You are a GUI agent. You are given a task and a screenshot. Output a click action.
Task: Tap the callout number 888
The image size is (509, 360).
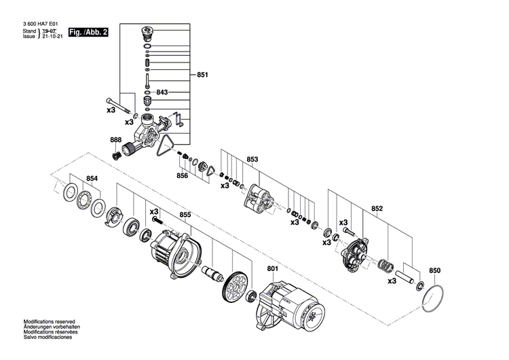pos(116,141)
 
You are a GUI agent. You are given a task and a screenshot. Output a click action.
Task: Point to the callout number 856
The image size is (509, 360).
pos(182,175)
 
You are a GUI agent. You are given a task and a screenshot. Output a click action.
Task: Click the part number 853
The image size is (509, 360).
pos(252,160)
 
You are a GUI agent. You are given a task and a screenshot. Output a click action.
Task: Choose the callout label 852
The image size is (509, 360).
pos(378,209)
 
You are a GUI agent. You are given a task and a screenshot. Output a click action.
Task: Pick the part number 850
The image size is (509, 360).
pos(435,270)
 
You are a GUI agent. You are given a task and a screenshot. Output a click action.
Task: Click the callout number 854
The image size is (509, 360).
pos(92,179)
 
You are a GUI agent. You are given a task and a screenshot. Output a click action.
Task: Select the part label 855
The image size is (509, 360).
pos(185,215)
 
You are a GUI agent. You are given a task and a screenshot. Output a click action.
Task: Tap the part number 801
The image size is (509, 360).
pos(273,269)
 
